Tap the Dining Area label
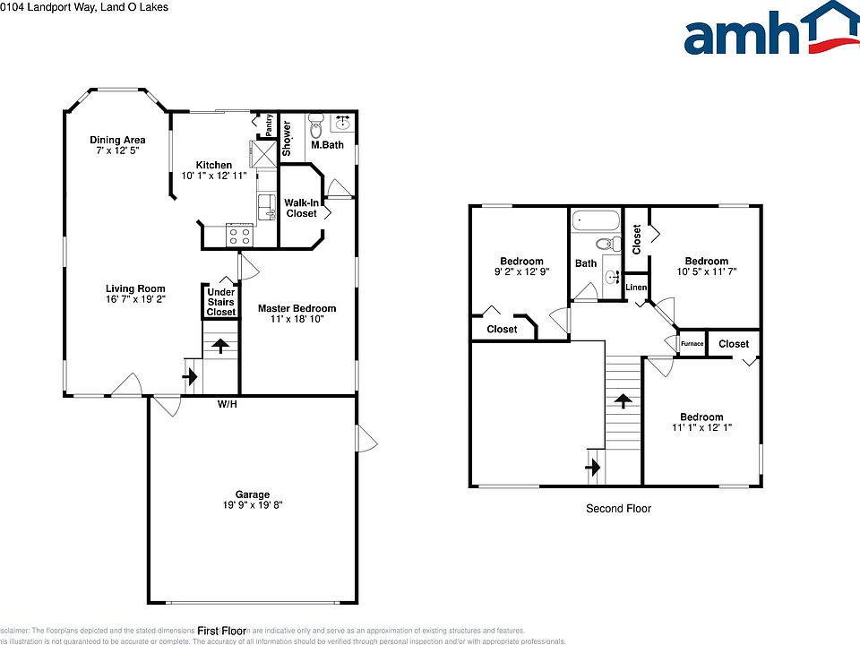coord(117,140)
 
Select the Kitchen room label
coord(214,165)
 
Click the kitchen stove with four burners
coord(240,236)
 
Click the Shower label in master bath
coord(288,138)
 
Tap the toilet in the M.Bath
coord(315,124)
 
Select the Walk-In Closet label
coord(301,208)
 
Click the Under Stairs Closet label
coord(221,302)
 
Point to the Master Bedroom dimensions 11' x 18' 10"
coord(297,319)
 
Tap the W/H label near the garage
coord(228,405)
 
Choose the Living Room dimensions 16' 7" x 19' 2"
coord(136,299)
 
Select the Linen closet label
coord(636,288)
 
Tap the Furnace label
coord(692,344)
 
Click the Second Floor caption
coord(618,508)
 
